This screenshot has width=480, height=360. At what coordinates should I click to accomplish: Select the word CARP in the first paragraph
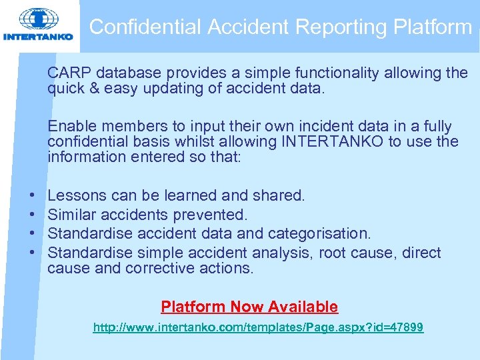click(x=68, y=73)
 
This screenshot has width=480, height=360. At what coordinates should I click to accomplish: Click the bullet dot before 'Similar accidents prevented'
click(x=33, y=215)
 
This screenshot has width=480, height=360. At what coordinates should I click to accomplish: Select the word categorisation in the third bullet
click(x=319, y=233)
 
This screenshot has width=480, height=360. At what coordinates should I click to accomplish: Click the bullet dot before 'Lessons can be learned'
click(x=33, y=196)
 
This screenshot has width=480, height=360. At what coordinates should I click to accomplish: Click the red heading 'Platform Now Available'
click(x=249, y=307)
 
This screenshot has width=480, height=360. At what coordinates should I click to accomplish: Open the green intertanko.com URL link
click(x=258, y=328)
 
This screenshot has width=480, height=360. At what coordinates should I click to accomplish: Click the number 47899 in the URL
click(x=405, y=328)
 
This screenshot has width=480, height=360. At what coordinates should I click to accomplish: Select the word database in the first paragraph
click(x=126, y=73)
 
